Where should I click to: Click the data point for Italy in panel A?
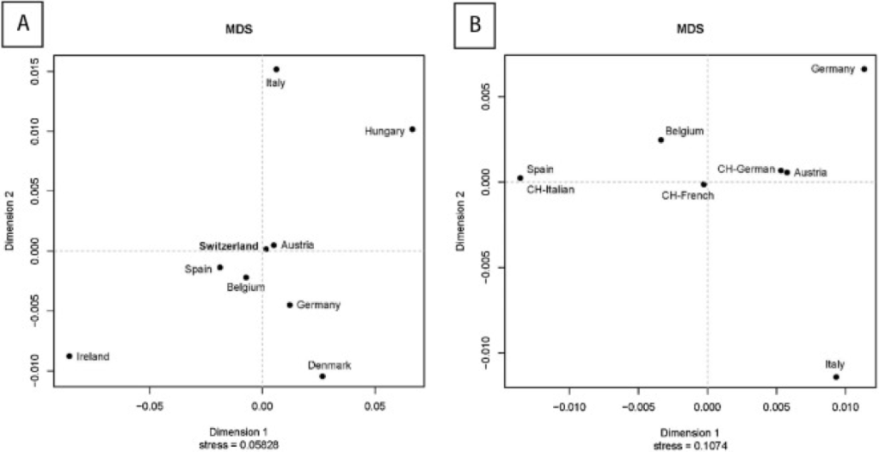click(276, 69)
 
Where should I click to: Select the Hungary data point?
click(413, 129)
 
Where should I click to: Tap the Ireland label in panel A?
click(93, 356)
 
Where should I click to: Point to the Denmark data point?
click(323, 376)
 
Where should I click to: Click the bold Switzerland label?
click(229, 246)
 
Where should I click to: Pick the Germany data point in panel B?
click(864, 69)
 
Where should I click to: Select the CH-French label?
click(688, 195)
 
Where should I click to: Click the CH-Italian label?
click(550, 189)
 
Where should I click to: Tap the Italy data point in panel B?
click(836, 377)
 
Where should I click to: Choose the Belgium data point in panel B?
click(661, 139)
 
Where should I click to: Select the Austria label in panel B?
click(810, 173)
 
